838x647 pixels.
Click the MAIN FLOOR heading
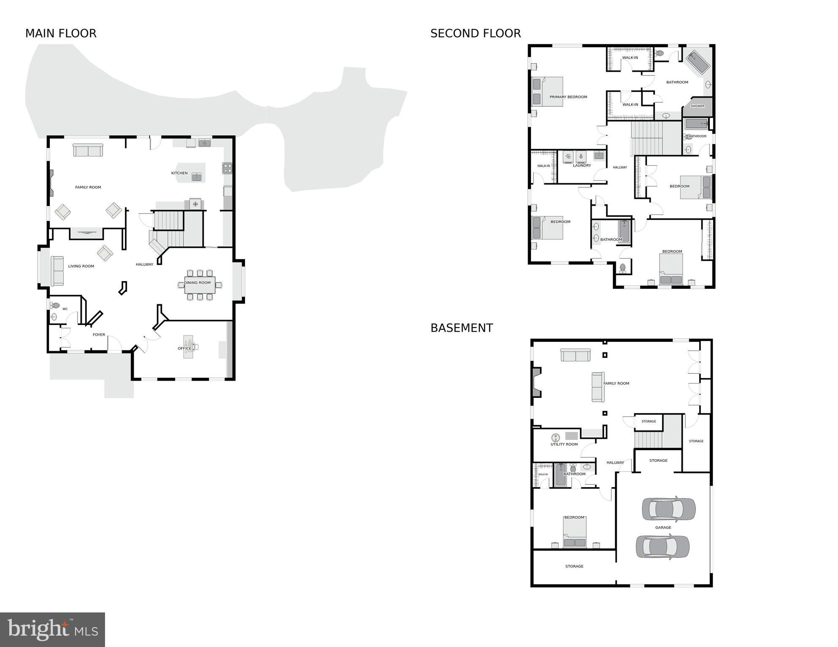click(x=61, y=33)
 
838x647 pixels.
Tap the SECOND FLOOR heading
click(x=475, y=33)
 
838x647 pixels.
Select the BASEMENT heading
click(x=461, y=328)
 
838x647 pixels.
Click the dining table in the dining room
click(x=199, y=285)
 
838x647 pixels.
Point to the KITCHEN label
click(x=179, y=173)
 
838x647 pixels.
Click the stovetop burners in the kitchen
click(x=227, y=168)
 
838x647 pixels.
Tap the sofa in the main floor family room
click(x=88, y=150)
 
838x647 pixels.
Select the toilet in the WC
click(x=55, y=305)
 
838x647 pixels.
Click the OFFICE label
click(x=184, y=349)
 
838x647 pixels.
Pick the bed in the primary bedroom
click(x=547, y=91)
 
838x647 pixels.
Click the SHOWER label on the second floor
click(x=697, y=106)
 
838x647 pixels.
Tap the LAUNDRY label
click(x=582, y=166)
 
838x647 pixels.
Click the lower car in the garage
click(x=663, y=546)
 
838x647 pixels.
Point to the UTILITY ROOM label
click(x=564, y=444)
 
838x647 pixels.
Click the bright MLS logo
click(x=52, y=629)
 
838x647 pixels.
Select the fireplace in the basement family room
click(x=536, y=382)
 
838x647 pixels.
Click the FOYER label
click(x=99, y=335)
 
